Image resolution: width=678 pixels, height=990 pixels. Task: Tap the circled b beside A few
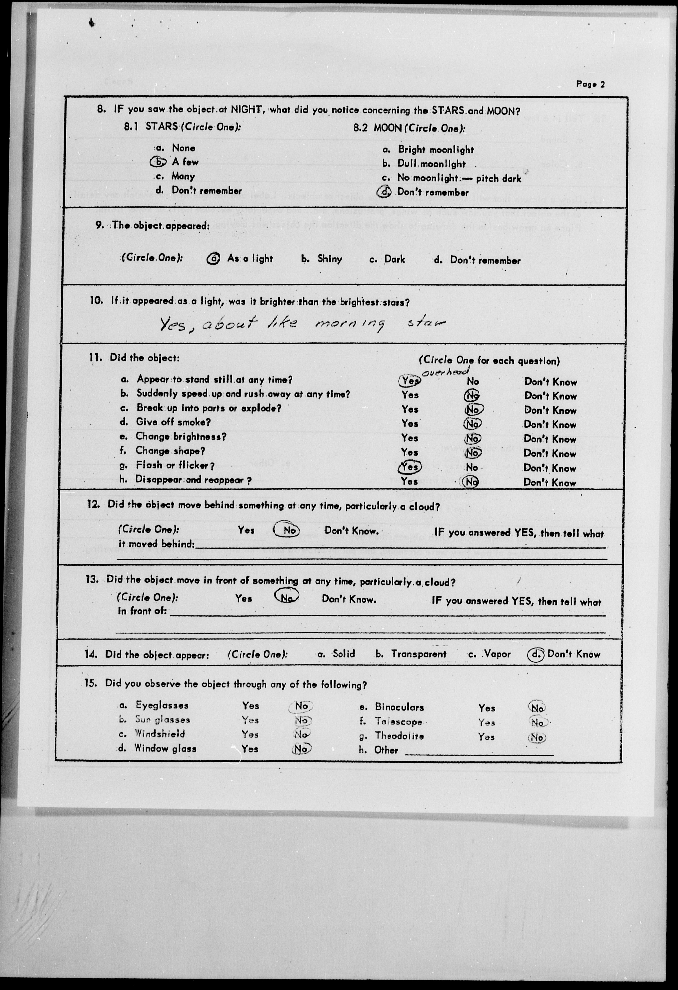[158, 162]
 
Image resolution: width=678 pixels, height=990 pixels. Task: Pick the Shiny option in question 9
[329, 259]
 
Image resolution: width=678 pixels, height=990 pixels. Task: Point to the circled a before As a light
[213, 259]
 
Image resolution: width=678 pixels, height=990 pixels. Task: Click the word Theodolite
[399, 736]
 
